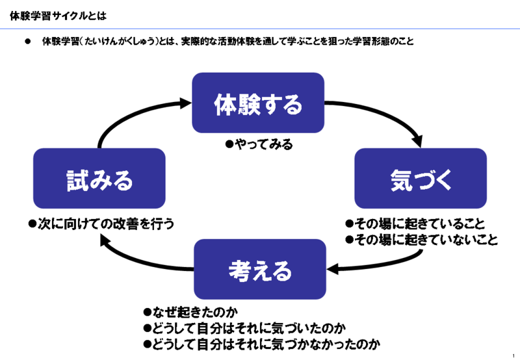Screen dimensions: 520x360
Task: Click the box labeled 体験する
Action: coord(258,103)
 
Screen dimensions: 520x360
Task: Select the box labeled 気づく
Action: coord(421,178)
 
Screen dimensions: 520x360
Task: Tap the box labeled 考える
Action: coord(260,269)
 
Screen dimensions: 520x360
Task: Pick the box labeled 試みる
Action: coord(99,178)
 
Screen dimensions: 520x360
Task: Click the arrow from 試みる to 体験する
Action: coord(133,114)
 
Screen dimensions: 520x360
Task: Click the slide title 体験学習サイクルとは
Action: coord(58,16)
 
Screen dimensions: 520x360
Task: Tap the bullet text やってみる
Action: coord(259,144)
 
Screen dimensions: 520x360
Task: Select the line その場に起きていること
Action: coord(415,224)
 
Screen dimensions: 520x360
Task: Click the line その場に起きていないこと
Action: coord(421,239)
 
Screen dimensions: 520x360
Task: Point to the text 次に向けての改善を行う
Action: coord(101,224)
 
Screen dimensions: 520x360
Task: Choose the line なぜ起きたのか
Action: coord(190,312)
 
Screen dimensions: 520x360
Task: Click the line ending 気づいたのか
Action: coord(244,328)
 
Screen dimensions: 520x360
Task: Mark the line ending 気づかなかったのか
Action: coord(262,344)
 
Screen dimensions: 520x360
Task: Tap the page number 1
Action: coord(513,355)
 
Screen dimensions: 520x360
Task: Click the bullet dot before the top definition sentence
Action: coord(27,42)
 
